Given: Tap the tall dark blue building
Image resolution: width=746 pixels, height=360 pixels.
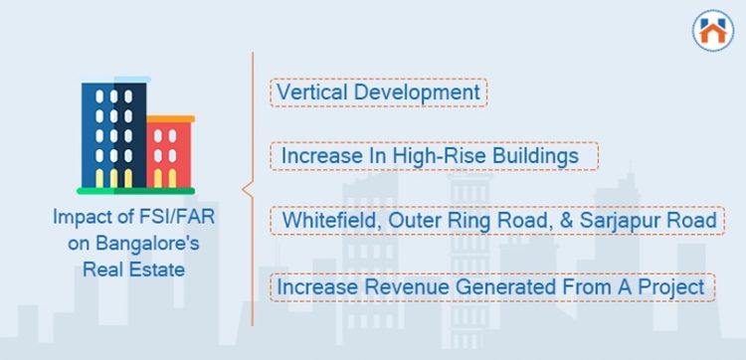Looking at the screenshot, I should pyautogui.click(x=113, y=134).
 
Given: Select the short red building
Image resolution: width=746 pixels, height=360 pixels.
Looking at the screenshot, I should pyautogui.click(x=167, y=154).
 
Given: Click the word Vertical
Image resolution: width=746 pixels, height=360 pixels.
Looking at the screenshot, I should pyautogui.click(x=308, y=92).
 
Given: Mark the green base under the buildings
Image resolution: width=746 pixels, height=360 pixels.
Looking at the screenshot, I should pyautogui.click(x=135, y=190).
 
